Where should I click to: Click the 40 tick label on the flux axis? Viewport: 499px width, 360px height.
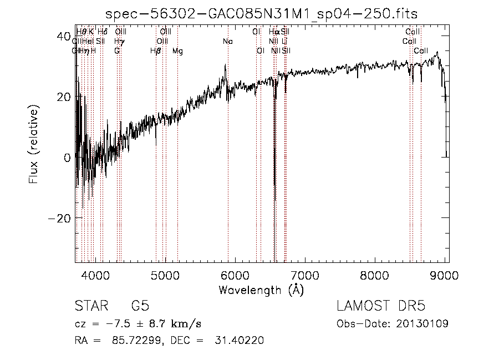(63, 37)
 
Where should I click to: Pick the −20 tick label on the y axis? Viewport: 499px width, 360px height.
(59, 218)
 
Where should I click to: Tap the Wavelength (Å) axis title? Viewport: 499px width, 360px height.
(261, 290)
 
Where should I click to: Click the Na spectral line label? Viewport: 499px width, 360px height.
(228, 42)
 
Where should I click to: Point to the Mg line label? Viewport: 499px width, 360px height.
(177, 51)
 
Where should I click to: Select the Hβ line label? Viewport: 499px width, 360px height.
(156, 51)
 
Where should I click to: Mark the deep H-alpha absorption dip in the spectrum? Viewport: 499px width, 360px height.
(275, 197)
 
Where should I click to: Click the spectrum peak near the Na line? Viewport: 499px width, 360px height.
(225, 65)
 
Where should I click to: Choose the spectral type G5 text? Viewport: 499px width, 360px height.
(140, 306)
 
